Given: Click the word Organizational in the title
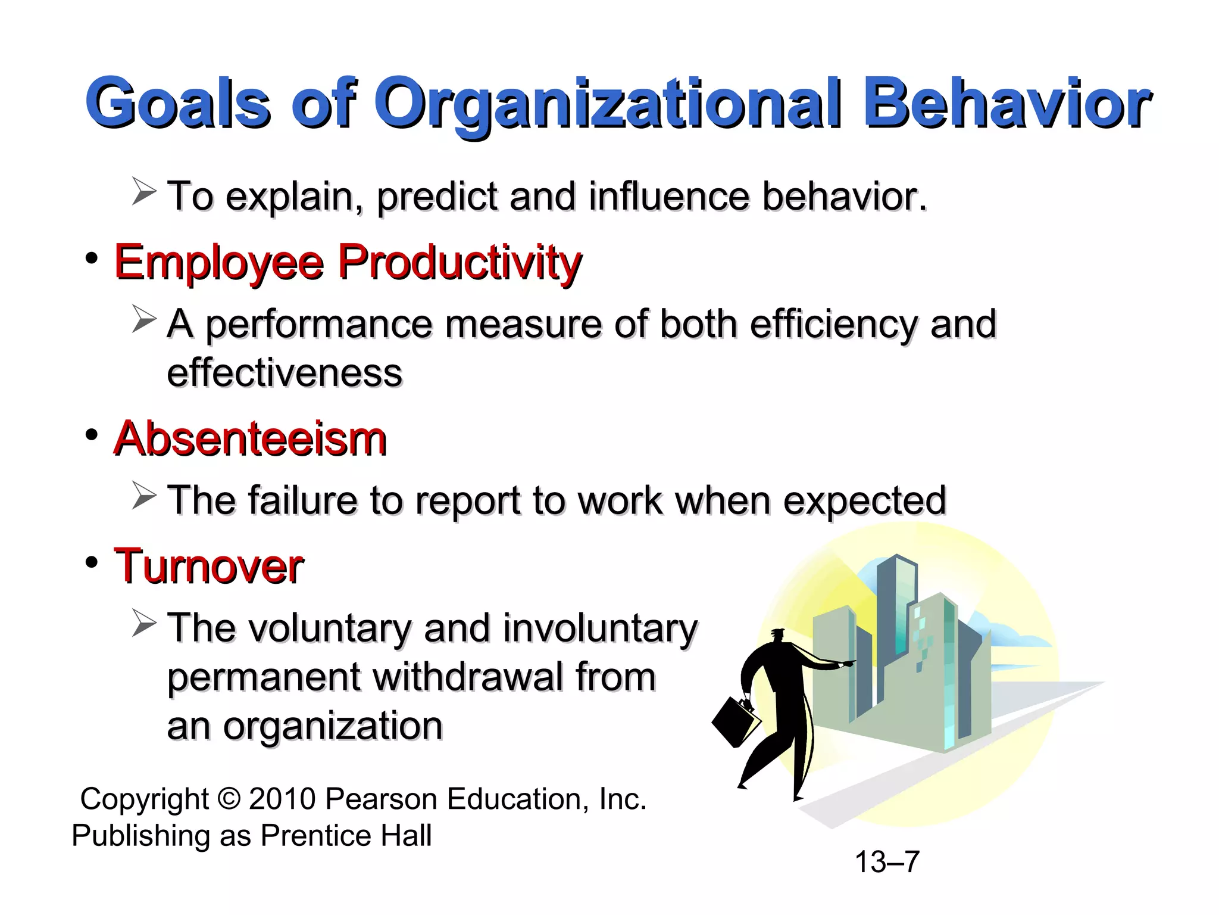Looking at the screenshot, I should pyautogui.click(x=607, y=104).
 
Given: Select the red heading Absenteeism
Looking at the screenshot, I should pyautogui.click(x=250, y=439).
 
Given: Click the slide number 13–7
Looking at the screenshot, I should pyautogui.click(x=887, y=862).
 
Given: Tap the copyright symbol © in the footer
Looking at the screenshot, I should pyautogui.click(x=229, y=799).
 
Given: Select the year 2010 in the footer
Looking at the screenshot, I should pyautogui.click(x=282, y=799).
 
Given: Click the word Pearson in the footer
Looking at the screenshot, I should pyautogui.click(x=381, y=799).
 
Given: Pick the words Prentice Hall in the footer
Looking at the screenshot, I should pyautogui.click(x=346, y=835).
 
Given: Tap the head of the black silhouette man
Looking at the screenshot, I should pyautogui.click(x=777, y=636).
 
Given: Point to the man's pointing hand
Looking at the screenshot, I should pyautogui.click(x=847, y=663).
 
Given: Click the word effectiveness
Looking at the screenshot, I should pyautogui.click(x=285, y=374).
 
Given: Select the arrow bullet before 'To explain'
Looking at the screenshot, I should pyautogui.click(x=143, y=192).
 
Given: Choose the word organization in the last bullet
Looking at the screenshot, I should pyautogui.click(x=333, y=727).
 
